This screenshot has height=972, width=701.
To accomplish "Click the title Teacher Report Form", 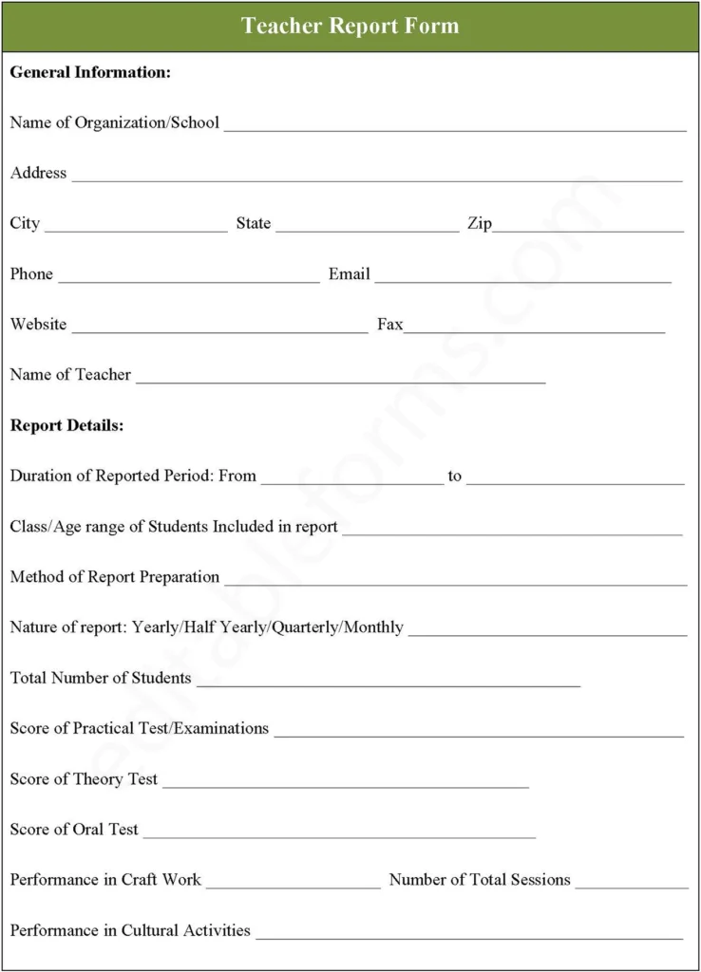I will (350, 26).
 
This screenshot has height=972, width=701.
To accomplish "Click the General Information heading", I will (90, 72).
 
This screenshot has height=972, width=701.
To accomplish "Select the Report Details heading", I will (66, 425).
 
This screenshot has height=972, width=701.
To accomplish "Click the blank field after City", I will (136, 229).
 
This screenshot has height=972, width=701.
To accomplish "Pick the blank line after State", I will (368, 229).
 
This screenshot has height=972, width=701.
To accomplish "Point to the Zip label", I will (479, 223).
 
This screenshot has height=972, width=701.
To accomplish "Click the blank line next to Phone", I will (189, 279).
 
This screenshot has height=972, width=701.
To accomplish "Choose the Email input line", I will (523, 279).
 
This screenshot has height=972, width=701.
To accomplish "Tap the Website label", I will (38, 325).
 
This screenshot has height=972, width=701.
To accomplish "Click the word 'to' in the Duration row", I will (455, 476).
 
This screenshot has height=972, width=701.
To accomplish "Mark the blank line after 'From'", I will (352, 481).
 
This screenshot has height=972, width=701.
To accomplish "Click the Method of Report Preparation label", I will (115, 577).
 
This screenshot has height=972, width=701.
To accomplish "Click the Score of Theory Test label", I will (84, 778).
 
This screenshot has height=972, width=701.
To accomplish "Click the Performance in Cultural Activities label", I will (130, 930).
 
